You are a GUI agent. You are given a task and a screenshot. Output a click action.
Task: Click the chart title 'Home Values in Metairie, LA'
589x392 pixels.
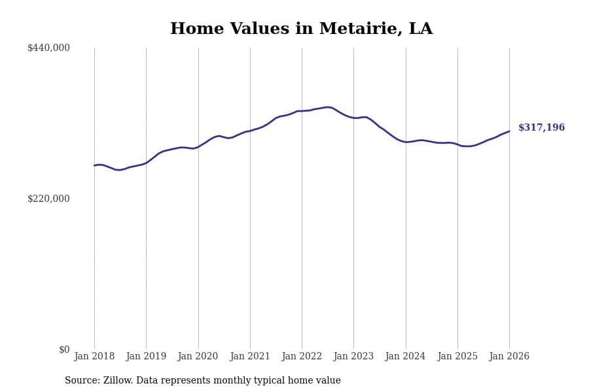(x=301, y=29)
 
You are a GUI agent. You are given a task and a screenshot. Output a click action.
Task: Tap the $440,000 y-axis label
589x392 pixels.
(x=48, y=48)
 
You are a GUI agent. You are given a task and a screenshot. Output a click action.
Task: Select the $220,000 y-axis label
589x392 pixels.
(x=48, y=199)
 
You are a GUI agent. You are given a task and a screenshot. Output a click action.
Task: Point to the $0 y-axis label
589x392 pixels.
(x=64, y=350)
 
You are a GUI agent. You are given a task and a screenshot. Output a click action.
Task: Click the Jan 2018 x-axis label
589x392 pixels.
(x=94, y=357)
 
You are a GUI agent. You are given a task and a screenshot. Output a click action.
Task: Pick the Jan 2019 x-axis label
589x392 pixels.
(x=146, y=357)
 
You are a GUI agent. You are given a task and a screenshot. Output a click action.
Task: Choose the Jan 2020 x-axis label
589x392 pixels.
(x=198, y=357)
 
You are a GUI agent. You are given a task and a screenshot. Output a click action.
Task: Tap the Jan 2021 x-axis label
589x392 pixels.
(x=250, y=357)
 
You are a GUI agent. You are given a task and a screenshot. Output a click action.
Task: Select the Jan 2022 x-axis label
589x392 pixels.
(x=302, y=357)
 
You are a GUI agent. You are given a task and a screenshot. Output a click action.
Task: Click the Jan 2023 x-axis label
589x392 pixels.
(x=353, y=357)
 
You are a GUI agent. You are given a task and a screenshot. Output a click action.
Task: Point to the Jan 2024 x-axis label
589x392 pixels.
(x=405, y=357)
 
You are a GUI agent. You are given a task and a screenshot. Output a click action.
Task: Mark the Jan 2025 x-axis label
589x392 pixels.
(x=457, y=357)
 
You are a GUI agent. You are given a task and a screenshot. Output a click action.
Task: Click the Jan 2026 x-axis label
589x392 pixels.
(x=509, y=357)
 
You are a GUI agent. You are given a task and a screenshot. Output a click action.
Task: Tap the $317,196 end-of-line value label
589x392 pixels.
(x=541, y=128)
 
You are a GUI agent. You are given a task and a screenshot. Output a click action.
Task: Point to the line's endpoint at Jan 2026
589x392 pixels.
(x=509, y=131)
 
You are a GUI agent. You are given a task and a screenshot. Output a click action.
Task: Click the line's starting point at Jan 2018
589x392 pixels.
(x=94, y=165)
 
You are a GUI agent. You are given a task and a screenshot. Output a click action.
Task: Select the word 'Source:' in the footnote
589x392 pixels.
(x=82, y=381)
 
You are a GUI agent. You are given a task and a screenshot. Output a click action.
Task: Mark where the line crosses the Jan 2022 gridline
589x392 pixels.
(x=302, y=111)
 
